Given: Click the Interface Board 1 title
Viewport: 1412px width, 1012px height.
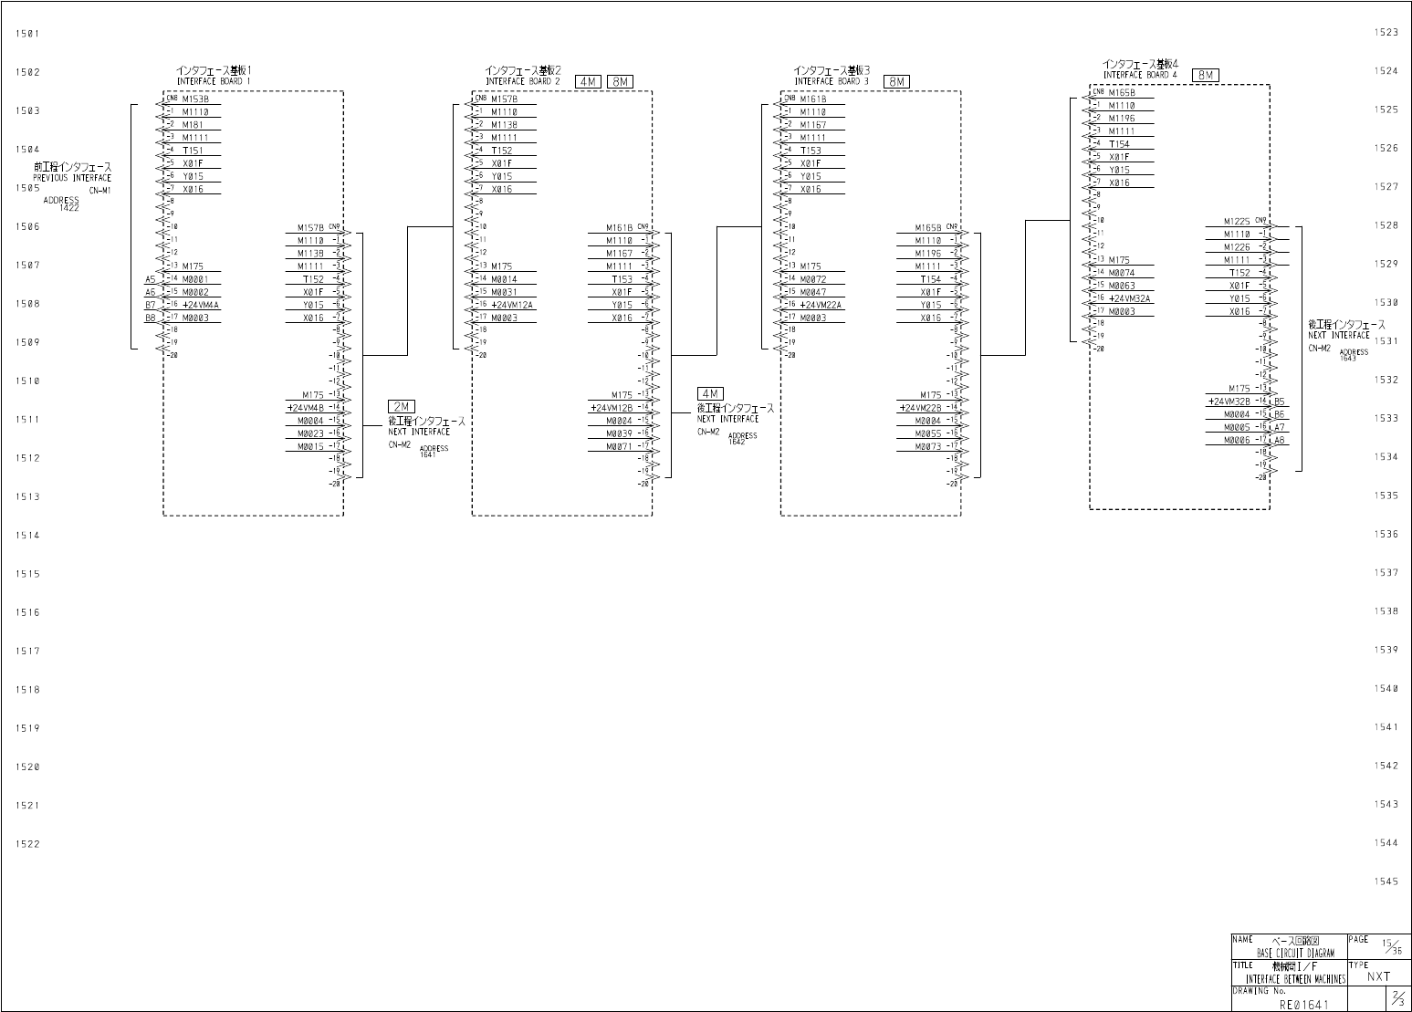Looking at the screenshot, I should (214, 76).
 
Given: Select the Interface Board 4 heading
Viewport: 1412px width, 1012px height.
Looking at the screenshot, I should (1140, 69).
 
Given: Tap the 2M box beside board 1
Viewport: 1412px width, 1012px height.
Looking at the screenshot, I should (401, 407).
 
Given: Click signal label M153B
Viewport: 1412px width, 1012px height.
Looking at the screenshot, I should (195, 99).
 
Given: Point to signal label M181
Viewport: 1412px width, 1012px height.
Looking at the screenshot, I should (193, 125).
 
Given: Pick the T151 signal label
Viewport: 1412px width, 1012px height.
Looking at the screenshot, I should (193, 151).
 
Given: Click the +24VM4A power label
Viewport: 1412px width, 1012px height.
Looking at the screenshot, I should (201, 305).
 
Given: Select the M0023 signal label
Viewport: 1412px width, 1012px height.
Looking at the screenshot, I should (310, 433).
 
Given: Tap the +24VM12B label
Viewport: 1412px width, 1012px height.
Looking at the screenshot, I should (612, 408).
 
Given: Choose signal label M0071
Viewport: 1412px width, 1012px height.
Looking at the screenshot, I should (619, 446).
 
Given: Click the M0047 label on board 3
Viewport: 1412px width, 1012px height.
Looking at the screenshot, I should (812, 292).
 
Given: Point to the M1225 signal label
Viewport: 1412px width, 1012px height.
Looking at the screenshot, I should (1237, 221).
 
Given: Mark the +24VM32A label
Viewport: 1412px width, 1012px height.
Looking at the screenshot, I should (1130, 298).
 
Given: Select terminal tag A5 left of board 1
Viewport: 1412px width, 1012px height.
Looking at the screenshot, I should (150, 279).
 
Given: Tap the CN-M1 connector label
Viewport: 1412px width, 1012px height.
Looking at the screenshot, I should (99, 191).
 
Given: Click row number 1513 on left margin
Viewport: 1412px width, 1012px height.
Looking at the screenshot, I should (27, 497).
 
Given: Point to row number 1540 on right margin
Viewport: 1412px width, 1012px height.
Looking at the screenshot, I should (1386, 689).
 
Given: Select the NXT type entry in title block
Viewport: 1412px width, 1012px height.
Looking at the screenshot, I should (1378, 976).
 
